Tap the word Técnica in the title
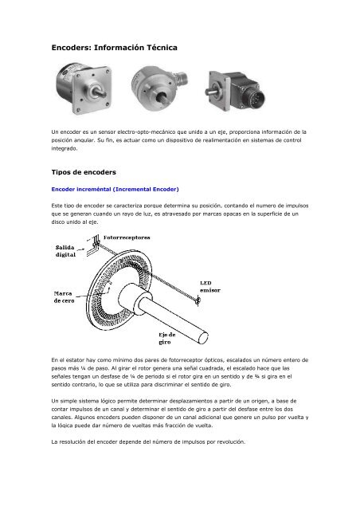tap(158, 49)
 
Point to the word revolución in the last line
tap(225, 441)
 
